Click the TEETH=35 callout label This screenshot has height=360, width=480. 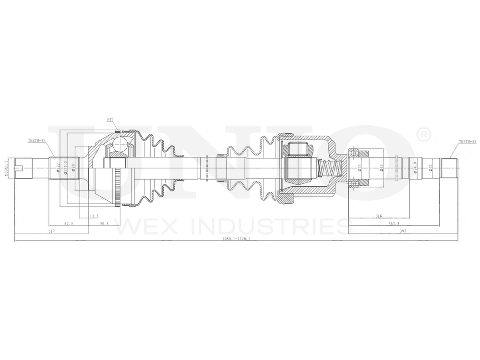coord(36,141)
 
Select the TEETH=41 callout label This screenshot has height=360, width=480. coord(467,142)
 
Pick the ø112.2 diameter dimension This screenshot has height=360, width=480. coord(66,168)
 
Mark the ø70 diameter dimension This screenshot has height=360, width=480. coord(73,168)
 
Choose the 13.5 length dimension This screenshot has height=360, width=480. coord(94,216)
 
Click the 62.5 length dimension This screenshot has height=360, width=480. coord(69,224)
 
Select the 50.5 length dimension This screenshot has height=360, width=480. coord(105,224)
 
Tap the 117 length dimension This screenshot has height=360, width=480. coord(52,231)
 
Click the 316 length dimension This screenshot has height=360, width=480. coord(379,216)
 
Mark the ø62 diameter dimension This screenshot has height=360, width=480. coord(381,168)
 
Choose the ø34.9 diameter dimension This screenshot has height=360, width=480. coord(415,168)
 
